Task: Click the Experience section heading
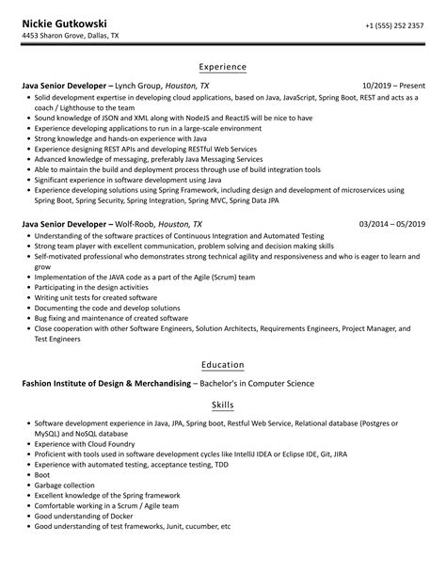[223, 67]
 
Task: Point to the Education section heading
[223, 365]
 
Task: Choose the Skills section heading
[223, 404]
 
